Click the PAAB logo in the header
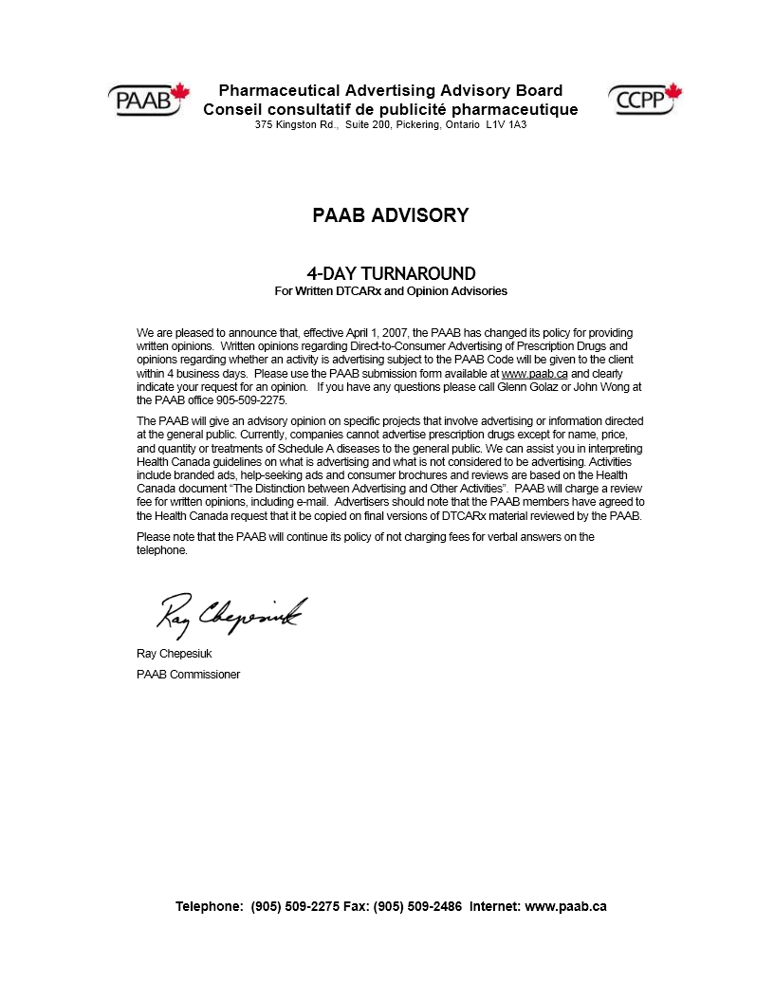click(x=148, y=99)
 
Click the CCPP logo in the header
click(x=645, y=98)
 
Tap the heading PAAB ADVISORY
click(x=390, y=215)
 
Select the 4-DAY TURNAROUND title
click(x=391, y=274)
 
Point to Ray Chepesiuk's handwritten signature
click(x=230, y=616)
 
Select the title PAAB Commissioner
click(x=188, y=675)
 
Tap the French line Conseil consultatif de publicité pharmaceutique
click(x=390, y=109)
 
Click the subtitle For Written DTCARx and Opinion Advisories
click(x=391, y=291)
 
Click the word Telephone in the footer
click(x=209, y=906)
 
